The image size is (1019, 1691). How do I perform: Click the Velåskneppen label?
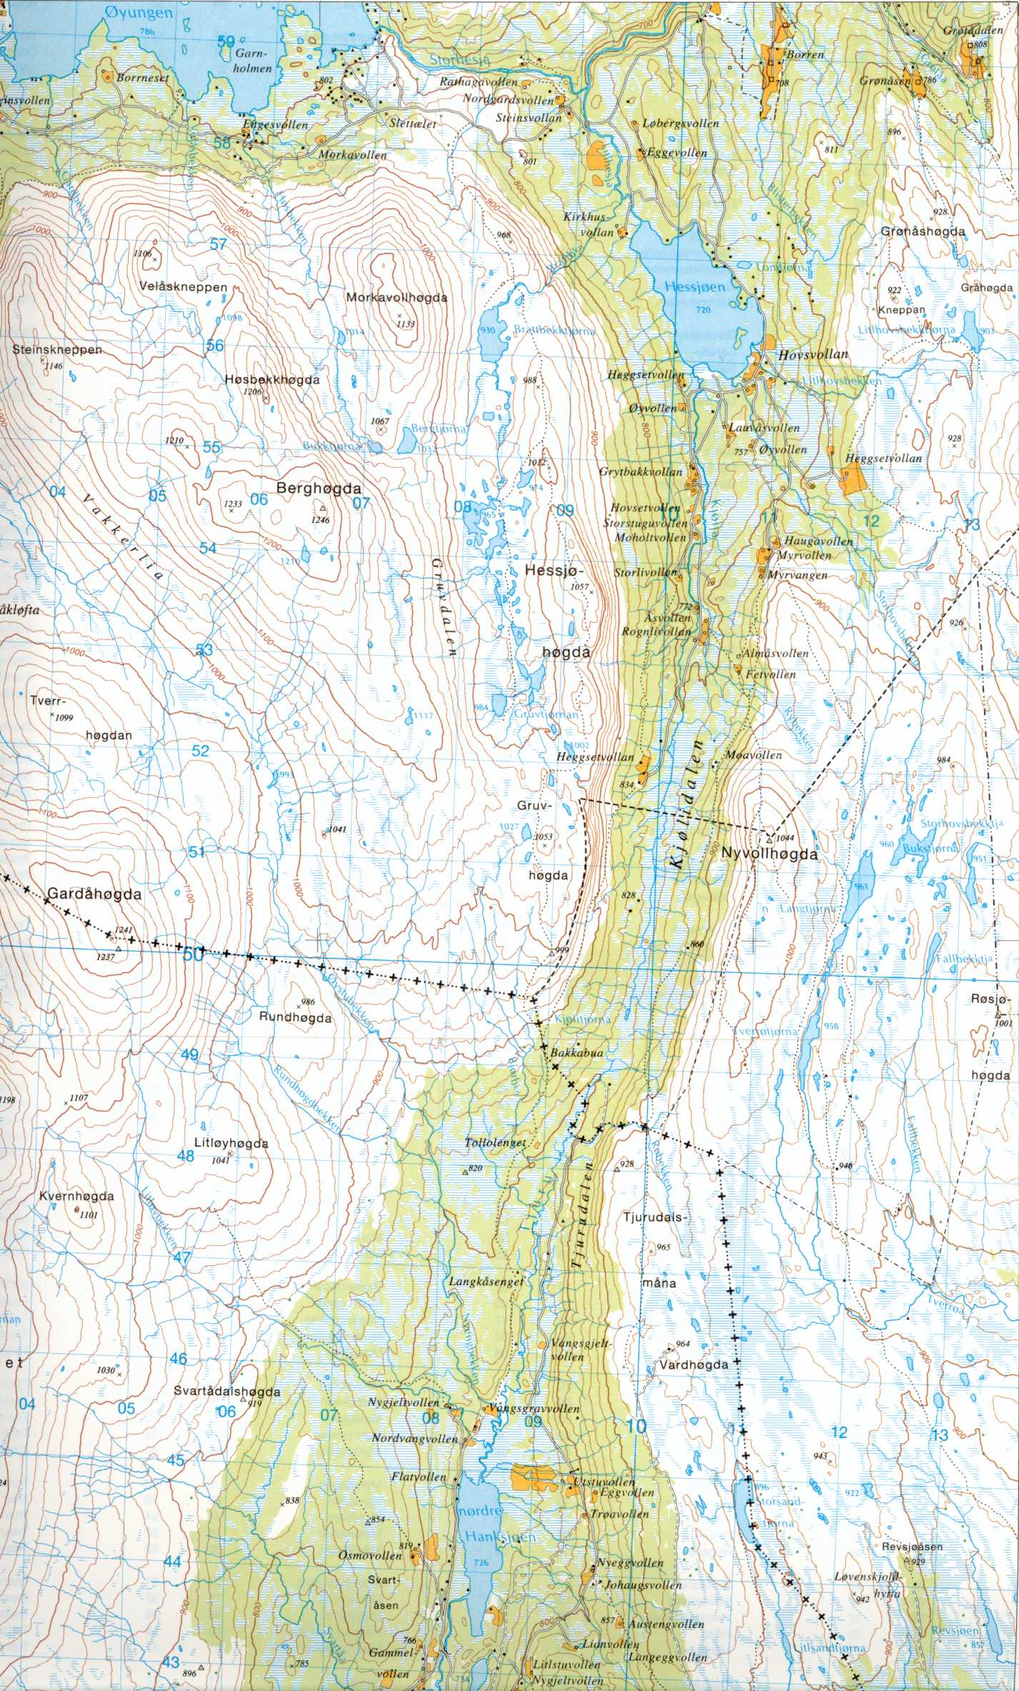(184, 287)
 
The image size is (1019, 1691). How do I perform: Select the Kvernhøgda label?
(78, 1195)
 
